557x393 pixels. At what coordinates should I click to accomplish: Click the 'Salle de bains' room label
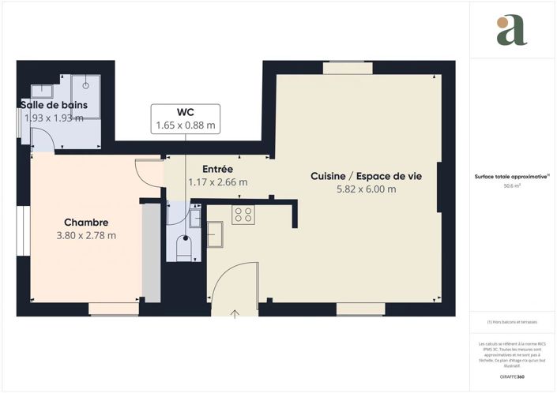[x=49, y=105]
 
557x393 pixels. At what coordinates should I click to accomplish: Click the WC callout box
[x=186, y=118]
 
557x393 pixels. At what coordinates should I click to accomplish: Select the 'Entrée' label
[x=217, y=169]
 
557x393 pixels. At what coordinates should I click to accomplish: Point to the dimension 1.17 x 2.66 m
[x=217, y=182]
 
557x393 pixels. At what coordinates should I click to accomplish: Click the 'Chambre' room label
[x=86, y=223]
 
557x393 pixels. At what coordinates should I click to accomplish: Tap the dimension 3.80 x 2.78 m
[x=86, y=235]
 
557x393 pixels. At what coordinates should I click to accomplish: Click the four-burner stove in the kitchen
[x=243, y=214]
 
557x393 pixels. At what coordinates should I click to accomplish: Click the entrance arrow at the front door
[x=235, y=314]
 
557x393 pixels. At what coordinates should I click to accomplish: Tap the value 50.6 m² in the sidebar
[x=512, y=185]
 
